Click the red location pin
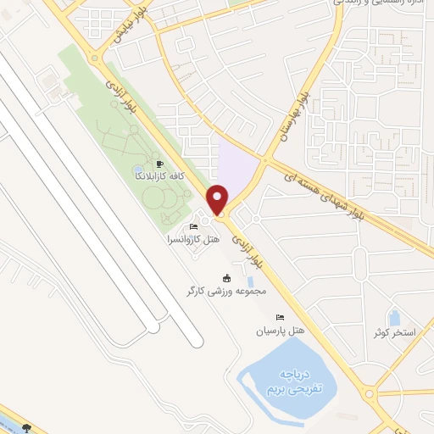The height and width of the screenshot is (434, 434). (x=218, y=199)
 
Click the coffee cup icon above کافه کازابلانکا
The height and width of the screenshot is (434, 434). (x=159, y=164)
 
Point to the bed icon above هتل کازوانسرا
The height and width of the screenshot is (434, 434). (x=194, y=226)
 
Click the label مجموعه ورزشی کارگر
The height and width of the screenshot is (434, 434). (x=227, y=291)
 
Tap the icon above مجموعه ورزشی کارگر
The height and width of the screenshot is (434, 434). (x=226, y=278)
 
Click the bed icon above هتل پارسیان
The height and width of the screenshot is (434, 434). (x=269, y=317)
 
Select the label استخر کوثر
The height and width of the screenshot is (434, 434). (x=393, y=331)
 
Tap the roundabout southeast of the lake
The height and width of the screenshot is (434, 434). (x=370, y=393)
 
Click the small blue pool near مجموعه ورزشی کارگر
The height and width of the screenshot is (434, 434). (x=251, y=280)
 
